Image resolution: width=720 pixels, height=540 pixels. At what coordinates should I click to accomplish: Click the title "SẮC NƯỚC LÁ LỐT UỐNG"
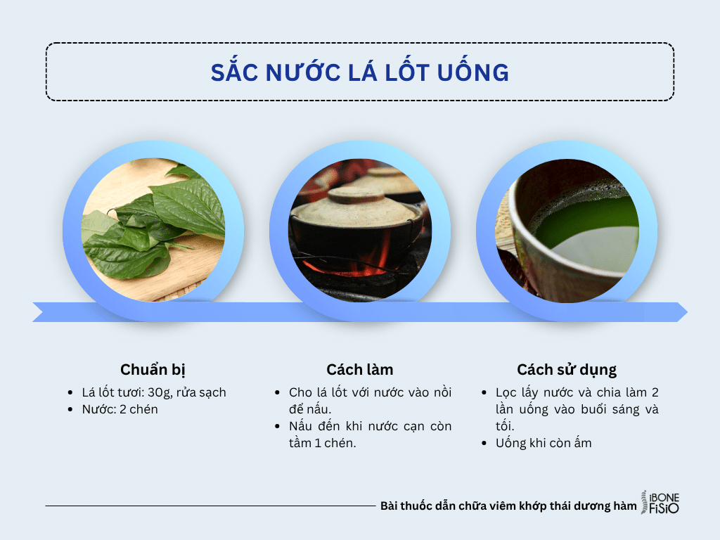360,72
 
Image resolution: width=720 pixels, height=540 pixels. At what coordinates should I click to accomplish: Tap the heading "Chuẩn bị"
153,370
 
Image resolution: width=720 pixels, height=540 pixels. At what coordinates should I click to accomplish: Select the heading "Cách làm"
360,370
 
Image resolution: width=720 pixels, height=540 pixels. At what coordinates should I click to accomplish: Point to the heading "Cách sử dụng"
567,370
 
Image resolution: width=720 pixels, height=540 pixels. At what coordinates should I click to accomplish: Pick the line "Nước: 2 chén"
120,409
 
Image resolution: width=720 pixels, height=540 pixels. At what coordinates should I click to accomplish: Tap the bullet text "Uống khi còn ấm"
544,443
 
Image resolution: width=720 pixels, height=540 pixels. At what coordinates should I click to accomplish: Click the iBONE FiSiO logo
661,503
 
